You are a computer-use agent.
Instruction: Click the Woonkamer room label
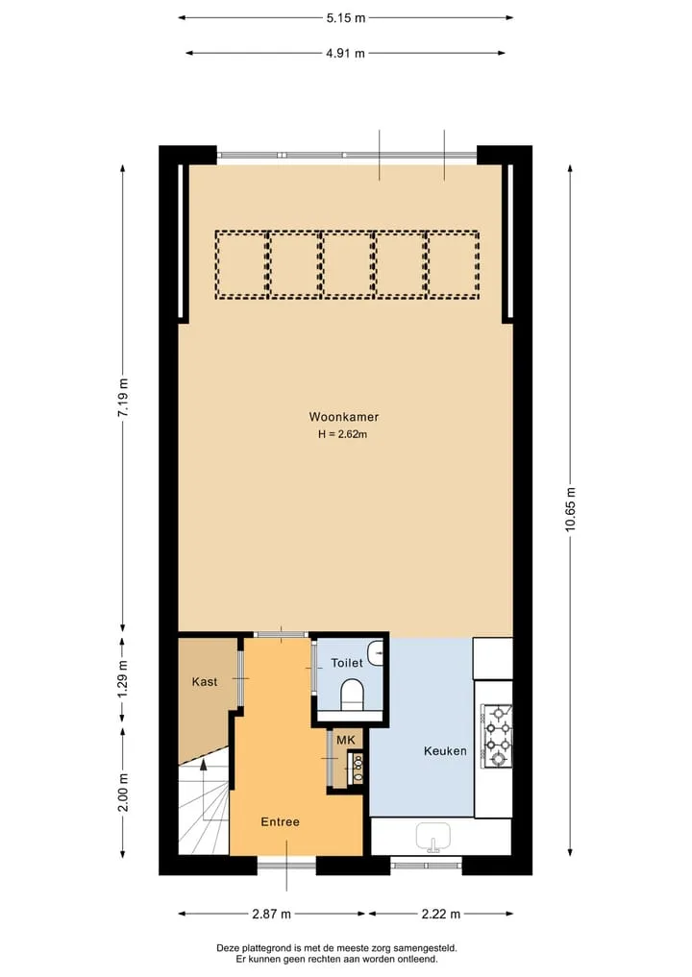[x=343, y=417]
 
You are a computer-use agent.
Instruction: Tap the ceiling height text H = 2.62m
[x=342, y=434]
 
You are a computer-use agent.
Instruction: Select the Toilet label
[x=347, y=663]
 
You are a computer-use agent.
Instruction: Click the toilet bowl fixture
[x=353, y=695]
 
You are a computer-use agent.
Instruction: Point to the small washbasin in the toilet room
[x=376, y=653]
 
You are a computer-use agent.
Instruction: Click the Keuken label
[x=445, y=751]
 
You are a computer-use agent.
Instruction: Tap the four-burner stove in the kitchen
[x=497, y=736]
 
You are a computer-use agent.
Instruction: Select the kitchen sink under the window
[x=433, y=836]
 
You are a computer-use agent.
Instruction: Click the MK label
[x=345, y=741]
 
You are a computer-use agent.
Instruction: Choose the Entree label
[x=280, y=821]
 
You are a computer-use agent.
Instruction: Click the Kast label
[x=205, y=682]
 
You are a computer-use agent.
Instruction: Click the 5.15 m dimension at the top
[x=346, y=18]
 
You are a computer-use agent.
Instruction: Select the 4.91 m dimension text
[x=345, y=53]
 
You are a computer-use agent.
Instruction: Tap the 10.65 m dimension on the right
[x=571, y=510]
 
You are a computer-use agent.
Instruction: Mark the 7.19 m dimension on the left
[x=123, y=398]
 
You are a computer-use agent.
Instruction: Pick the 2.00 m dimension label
[x=123, y=793]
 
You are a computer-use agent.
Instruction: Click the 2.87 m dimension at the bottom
[x=272, y=914]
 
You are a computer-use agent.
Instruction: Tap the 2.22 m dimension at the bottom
[x=441, y=914]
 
